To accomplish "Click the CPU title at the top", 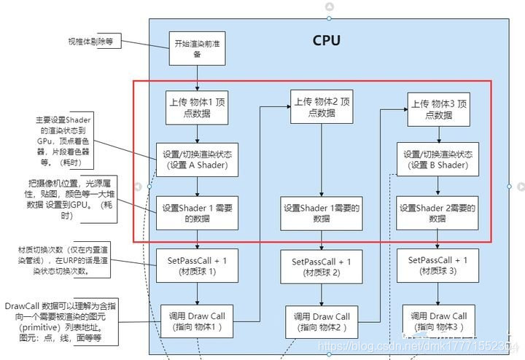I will click(x=326, y=40).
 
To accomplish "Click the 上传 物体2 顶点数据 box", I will click(x=321, y=106).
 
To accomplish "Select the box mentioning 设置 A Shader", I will click(x=197, y=160).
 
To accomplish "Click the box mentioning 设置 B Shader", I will click(x=438, y=160).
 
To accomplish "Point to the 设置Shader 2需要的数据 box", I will click(x=437, y=213).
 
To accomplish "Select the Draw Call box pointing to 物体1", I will click(x=198, y=321).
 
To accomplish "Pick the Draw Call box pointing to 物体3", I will click(x=438, y=321).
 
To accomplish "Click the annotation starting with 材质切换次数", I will click(x=63, y=261).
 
